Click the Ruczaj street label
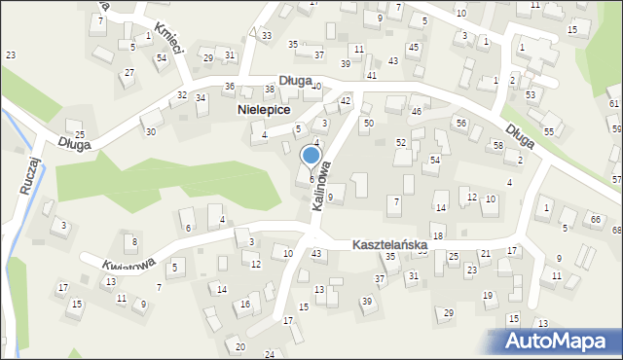28,175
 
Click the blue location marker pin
311,156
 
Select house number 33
267,35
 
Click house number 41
372,75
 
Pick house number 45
414,48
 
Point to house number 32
182,94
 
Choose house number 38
270,90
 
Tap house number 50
368,124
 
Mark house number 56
461,123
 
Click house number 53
531,94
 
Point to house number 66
595,219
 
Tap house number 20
240,346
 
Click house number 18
438,236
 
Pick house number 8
134,241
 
